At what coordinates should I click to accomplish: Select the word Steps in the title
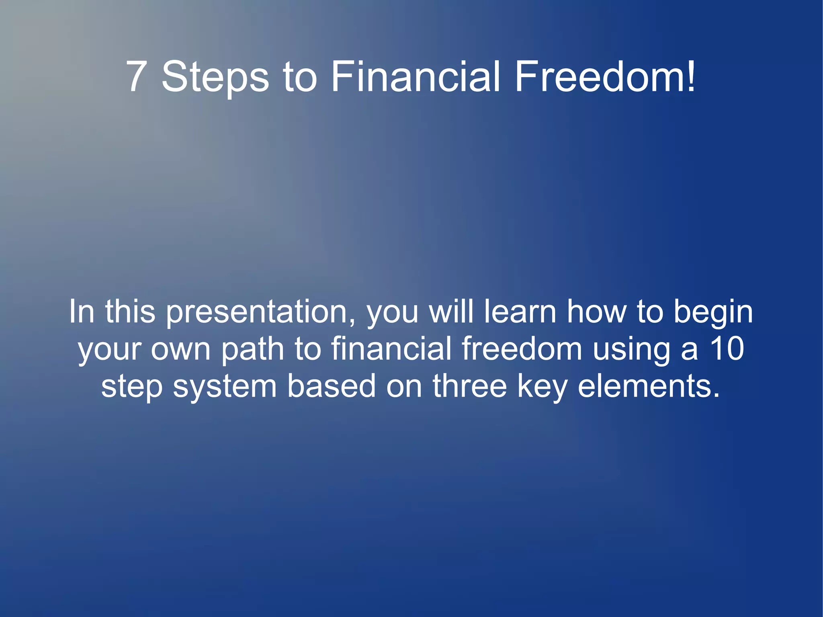coord(215,77)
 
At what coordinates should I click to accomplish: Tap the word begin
coord(713,312)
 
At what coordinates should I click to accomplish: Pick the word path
coord(253,349)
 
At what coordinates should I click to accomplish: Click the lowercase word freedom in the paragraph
coord(522,348)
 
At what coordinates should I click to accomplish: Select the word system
coord(225,387)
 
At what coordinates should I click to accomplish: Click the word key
coord(542,387)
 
